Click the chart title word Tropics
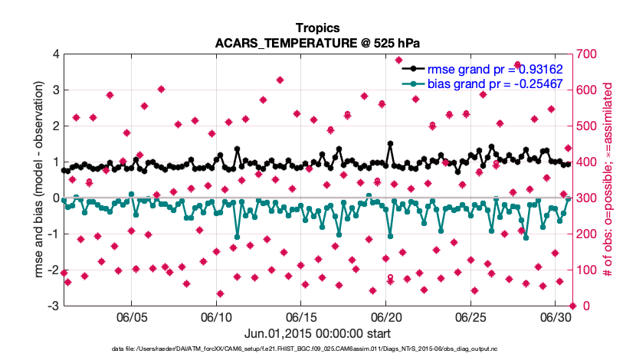317,27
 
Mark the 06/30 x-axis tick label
556,317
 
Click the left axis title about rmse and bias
30,180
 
